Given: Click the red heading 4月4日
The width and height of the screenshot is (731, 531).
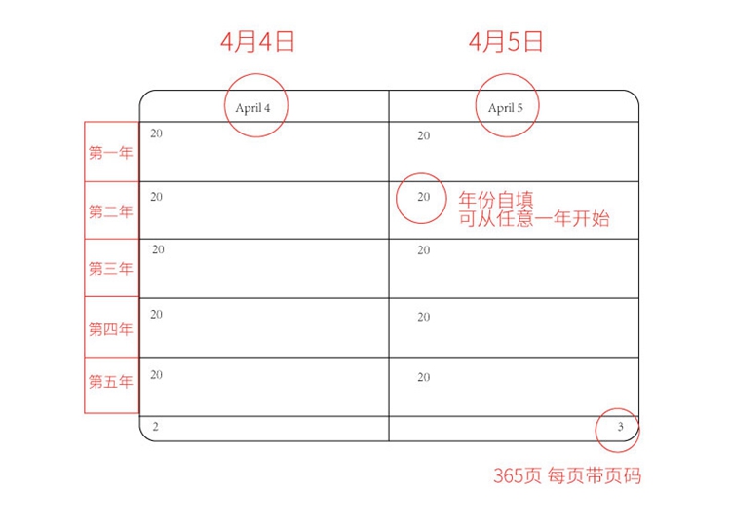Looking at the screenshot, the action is click(x=257, y=41).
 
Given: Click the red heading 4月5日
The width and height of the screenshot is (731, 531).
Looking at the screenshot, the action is click(x=505, y=41).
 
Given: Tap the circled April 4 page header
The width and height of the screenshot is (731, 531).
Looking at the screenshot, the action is click(x=252, y=107).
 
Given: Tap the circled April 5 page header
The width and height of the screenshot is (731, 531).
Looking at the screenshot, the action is click(x=506, y=107).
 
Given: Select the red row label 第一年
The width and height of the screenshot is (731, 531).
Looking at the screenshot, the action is click(x=110, y=153).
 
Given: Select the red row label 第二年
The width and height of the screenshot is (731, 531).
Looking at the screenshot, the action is click(x=110, y=211).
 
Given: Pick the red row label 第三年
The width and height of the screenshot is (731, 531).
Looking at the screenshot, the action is click(x=110, y=269).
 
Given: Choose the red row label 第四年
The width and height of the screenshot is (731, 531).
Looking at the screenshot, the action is click(x=110, y=329).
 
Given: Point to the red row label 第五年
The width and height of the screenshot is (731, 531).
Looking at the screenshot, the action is click(x=110, y=382).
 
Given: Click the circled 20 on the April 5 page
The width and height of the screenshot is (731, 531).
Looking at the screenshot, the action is click(x=423, y=197).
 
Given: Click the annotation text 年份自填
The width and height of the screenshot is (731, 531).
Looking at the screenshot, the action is click(x=496, y=200).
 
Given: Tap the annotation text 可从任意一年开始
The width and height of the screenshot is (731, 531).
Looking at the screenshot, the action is click(x=534, y=219).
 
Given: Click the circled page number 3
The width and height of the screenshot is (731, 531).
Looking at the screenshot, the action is click(x=620, y=427).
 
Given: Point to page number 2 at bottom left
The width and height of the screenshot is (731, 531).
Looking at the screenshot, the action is click(x=156, y=427).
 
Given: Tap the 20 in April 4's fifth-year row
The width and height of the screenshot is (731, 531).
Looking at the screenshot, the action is click(x=156, y=375).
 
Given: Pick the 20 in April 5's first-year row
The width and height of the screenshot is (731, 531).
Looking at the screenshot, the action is click(x=423, y=136).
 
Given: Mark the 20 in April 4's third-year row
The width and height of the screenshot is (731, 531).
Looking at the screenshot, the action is click(x=158, y=250).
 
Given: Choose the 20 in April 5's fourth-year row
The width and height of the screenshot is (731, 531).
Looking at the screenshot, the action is click(x=423, y=318).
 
